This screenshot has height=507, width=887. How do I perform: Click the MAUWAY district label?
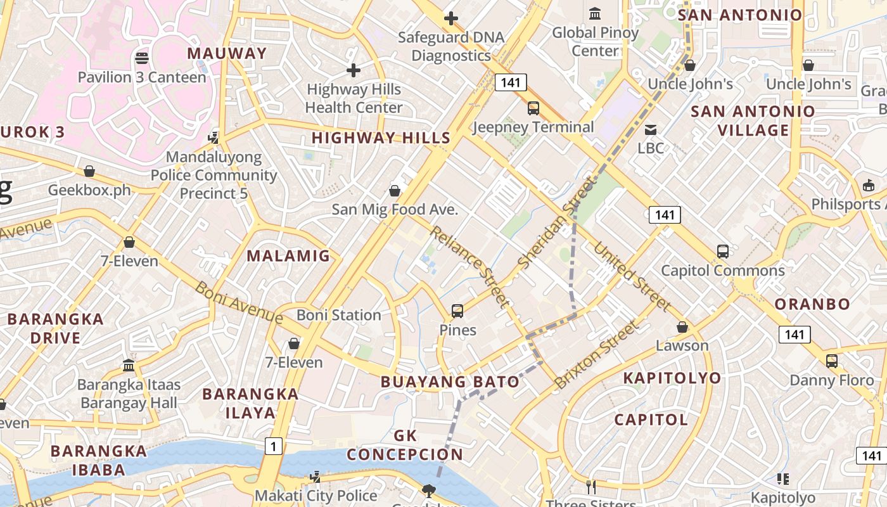click(x=227, y=53)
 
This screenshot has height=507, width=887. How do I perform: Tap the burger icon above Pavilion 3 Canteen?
click(x=142, y=58)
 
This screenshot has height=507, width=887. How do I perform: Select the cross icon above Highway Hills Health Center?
click(x=354, y=70)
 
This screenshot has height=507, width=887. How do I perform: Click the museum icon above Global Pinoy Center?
click(x=595, y=13)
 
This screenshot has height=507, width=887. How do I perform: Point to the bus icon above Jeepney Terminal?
click(x=533, y=108)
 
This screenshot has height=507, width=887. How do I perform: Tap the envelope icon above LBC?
click(x=651, y=130)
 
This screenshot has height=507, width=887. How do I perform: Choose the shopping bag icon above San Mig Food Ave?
click(x=395, y=190)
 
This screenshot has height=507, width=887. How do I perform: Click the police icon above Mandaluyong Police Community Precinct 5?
click(x=214, y=138)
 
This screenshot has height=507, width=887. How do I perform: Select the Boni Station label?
click(x=339, y=315)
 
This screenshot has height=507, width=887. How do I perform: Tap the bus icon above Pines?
click(x=457, y=311)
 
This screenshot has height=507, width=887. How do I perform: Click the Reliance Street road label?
click(x=469, y=266)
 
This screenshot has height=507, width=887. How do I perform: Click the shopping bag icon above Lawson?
click(x=682, y=327)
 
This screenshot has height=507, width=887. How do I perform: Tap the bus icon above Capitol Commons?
click(x=723, y=252)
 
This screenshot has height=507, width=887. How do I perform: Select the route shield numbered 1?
click(x=273, y=447)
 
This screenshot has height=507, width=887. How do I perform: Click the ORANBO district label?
click(x=812, y=304)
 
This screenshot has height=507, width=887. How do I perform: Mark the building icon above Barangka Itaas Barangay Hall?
click(x=129, y=366)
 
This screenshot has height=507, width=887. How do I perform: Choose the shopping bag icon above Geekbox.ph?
click(x=89, y=171)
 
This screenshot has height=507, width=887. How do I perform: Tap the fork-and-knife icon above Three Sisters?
click(x=590, y=487)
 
